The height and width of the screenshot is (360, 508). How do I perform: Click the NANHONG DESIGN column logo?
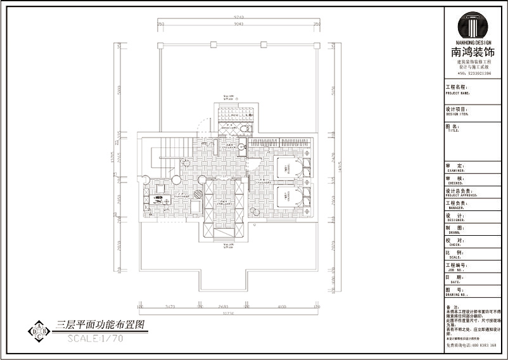click(x=473, y=25)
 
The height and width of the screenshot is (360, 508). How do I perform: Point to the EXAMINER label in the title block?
click(x=457, y=170)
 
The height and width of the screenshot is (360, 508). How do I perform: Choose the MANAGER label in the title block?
click(x=457, y=207)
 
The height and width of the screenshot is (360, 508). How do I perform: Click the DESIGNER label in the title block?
click(x=457, y=219)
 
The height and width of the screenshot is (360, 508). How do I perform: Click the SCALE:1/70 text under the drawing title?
click(x=96, y=338)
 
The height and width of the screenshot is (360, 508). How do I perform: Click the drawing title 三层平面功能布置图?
click(x=101, y=325)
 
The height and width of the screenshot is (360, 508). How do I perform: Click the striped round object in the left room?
click(x=198, y=195)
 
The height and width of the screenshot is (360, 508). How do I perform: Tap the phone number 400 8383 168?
click(x=481, y=345)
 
